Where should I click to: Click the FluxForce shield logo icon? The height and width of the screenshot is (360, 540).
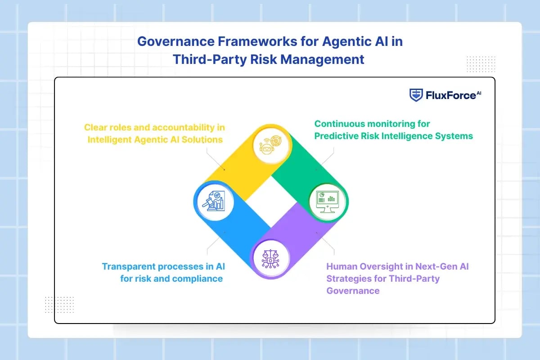[x=416, y=95]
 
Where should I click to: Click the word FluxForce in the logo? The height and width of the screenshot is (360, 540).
[x=451, y=95]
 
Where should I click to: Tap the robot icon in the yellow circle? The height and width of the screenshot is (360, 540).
[x=270, y=145]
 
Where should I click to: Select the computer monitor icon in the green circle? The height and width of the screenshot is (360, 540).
[x=328, y=202]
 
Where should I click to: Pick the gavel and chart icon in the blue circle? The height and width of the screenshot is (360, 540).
[x=214, y=201]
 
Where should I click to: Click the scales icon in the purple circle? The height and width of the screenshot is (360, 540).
[x=270, y=259]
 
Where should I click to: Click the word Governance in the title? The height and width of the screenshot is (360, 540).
[x=176, y=41]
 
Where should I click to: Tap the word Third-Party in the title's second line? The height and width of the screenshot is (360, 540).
[x=210, y=59]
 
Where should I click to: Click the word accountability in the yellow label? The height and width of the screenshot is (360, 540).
[x=184, y=127]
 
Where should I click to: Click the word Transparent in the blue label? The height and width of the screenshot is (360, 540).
[x=129, y=267]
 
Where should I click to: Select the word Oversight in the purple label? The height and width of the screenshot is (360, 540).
[x=380, y=267]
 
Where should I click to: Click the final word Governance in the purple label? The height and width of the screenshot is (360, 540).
[x=353, y=291]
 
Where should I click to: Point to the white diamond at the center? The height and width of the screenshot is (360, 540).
[x=271, y=202]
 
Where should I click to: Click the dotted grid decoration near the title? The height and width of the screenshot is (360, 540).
[x=481, y=64]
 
